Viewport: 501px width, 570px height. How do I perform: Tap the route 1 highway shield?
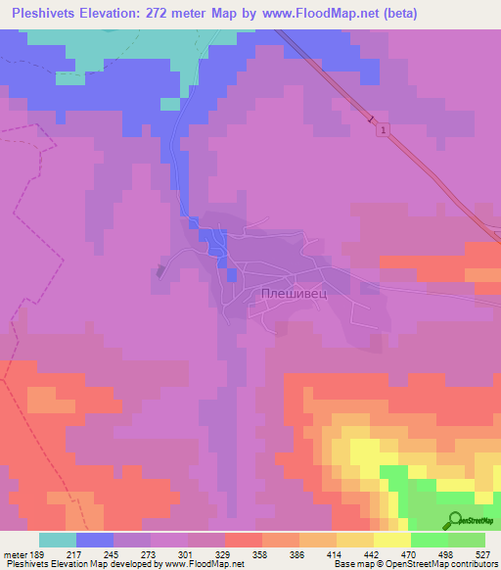click(384, 130)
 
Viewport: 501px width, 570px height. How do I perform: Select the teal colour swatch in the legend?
click(58, 540)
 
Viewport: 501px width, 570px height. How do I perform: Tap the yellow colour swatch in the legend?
click(391, 540)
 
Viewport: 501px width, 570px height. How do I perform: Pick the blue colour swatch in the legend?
click(95, 540)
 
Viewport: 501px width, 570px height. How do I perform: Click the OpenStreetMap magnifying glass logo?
click(455, 520)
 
